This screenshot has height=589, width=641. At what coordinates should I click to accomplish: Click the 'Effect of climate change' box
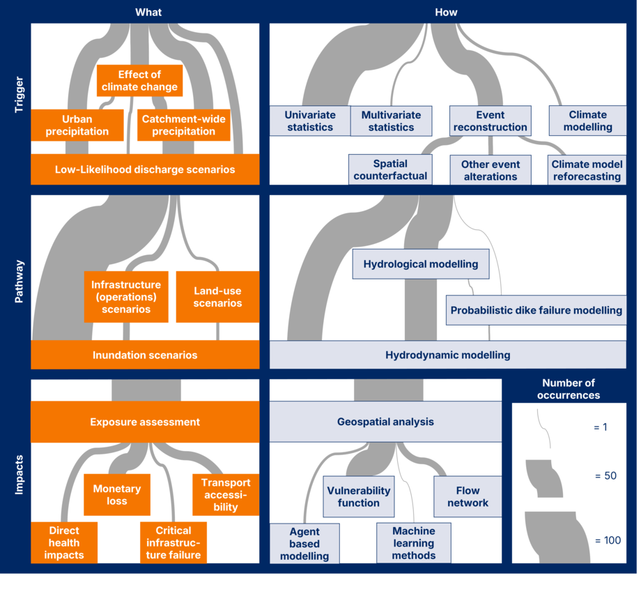(139, 81)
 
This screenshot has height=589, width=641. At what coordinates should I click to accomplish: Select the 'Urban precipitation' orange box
(77, 125)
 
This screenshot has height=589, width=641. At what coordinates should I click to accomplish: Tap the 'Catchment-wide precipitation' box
(183, 125)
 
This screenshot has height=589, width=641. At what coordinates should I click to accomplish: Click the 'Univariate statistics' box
(310, 121)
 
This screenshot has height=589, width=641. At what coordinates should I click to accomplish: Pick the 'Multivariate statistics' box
(392, 121)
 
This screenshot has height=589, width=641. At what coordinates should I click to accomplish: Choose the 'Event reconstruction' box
(490, 121)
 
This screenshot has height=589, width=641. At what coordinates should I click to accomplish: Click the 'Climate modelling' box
(587, 121)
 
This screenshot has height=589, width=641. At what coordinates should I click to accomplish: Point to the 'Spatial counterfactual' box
(390, 169)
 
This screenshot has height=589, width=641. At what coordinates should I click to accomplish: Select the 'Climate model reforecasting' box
(587, 170)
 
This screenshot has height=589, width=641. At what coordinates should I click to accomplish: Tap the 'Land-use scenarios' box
(217, 297)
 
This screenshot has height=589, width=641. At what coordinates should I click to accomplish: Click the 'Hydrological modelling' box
(421, 264)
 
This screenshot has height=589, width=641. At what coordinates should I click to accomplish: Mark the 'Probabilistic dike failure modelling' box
(536, 310)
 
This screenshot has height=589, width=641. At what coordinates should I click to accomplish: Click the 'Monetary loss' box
(117, 495)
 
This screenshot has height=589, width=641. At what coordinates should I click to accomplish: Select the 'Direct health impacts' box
(64, 543)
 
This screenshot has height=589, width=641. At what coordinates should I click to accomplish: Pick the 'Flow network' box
(468, 496)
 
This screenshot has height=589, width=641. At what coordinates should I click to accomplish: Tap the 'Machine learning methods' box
(414, 543)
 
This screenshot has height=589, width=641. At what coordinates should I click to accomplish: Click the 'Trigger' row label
(19, 95)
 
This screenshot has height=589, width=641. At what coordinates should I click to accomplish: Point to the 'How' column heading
(446, 13)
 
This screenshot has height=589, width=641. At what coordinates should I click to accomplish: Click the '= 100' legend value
(608, 540)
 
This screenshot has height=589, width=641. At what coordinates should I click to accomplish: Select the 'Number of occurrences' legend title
(569, 389)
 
